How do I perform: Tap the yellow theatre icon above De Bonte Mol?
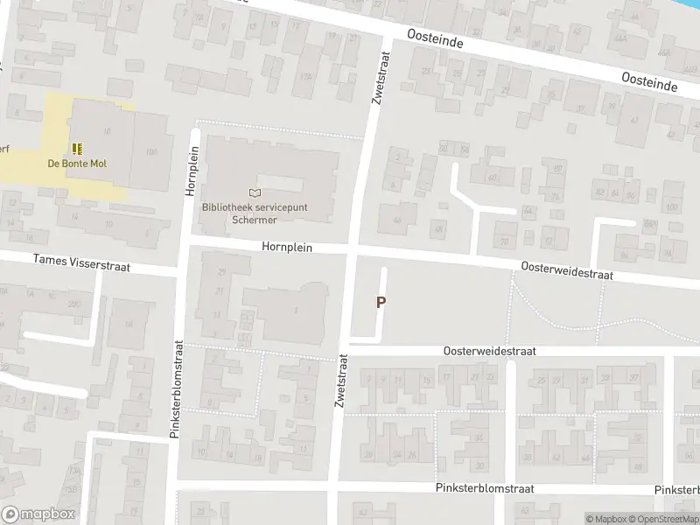click(77, 149)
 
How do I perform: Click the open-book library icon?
click(255, 192)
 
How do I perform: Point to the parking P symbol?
click(381, 302)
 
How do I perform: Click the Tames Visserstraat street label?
click(81, 262)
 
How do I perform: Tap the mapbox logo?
click(37, 514)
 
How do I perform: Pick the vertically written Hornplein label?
click(192, 170)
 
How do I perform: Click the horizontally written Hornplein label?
click(287, 248)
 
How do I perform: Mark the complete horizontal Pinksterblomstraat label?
click(484, 488)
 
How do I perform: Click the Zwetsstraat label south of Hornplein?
click(341, 380)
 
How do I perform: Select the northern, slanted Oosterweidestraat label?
click(567, 270)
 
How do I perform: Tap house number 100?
click(672, 206)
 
